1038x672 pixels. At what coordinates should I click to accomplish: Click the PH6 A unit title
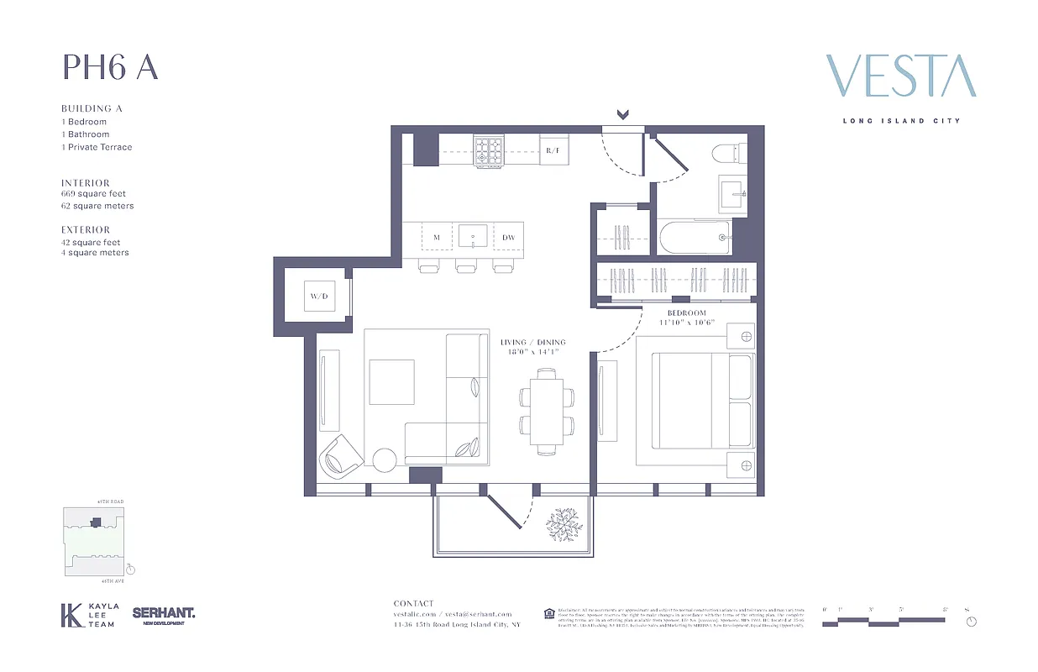pyautogui.click(x=110, y=68)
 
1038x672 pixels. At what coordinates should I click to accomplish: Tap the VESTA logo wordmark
pyautogui.click(x=900, y=76)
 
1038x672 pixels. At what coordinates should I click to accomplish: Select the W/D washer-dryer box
pyautogui.click(x=318, y=296)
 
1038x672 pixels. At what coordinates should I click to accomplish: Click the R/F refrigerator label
pyautogui.click(x=553, y=150)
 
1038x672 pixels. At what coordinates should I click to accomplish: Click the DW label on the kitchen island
pyautogui.click(x=508, y=238)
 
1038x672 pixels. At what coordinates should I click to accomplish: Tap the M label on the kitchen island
pyautogui.click(x=437, y=238)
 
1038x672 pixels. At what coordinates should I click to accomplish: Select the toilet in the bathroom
pyautogui.click(x=727, y=153)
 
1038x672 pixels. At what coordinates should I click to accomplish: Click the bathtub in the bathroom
pyautogui.click(x=695, y=238)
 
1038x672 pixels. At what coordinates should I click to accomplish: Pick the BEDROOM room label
pyautogui.click(x=687, y=313)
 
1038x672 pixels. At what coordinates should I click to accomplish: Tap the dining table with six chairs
pyautogui.click(x=546, y=412)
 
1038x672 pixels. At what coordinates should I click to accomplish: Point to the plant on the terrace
pyautogui.click(x=564, y=525)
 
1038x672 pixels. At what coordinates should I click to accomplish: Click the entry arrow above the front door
pyautogui.click(x=623, y=115)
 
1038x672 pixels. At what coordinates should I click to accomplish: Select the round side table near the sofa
pyautogui.click(x=385, y=460)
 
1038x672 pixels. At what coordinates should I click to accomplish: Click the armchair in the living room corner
pyautogui.click(x=340, y=455)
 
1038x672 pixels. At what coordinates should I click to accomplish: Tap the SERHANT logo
pyautogui.click(x=164, y=615)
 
